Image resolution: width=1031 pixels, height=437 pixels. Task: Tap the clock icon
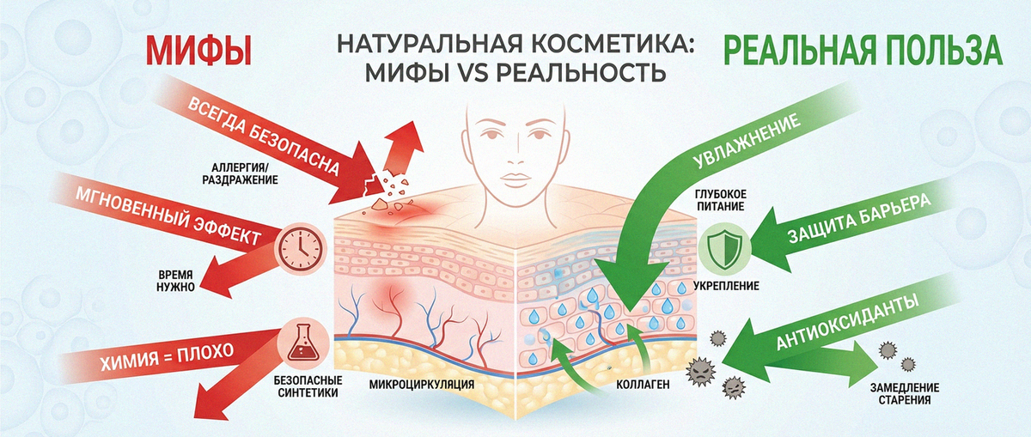[300, 248]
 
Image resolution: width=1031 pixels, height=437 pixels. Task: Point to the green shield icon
[724, 249]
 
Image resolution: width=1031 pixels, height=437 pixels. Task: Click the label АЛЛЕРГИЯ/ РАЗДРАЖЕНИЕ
[241, 173]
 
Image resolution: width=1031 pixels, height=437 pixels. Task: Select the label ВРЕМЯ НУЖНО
[175, 281]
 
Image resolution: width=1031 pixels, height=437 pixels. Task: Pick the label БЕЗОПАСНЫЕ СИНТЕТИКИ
[308, 386]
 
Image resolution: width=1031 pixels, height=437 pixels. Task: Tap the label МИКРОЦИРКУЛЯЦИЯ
[422, 384]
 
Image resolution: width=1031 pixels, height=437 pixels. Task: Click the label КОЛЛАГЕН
[643, 385]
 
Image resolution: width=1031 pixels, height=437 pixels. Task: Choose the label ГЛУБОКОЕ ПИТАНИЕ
[721, 200]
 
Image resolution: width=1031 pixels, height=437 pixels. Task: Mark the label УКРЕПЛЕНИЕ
[726, 286]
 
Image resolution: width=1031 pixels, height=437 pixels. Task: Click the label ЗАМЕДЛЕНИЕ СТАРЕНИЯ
[905, 394]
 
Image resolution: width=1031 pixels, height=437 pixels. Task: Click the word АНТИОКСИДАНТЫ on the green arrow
[848, 322]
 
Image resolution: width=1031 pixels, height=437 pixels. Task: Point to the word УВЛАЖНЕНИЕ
[746, 142]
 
